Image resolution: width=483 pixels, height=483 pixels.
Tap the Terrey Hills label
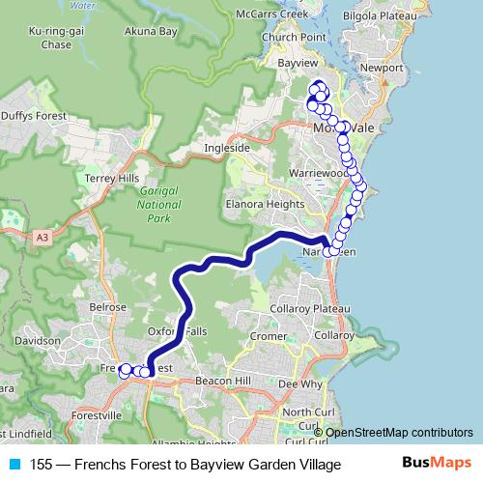[113, 179]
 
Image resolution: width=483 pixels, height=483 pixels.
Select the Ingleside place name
[226, 148]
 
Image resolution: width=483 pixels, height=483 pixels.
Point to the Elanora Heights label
[261, 205]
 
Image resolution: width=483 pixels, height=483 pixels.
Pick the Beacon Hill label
[221, 382]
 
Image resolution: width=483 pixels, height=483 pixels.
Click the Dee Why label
[298, 384]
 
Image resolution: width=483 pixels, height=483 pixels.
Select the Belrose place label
[107, 306]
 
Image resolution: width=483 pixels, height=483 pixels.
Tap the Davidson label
[38, 341]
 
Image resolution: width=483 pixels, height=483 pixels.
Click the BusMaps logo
[441, 465]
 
